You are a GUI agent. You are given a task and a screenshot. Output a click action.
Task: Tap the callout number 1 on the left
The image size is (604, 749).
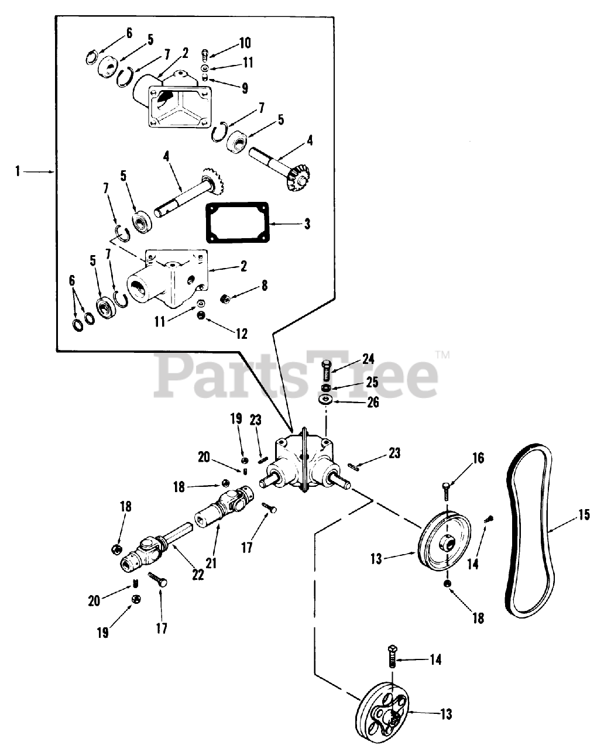pyautogui.click(x=18, y=171)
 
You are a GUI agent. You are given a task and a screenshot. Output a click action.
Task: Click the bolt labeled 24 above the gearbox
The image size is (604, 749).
pyautogui.click(x=327, y=373)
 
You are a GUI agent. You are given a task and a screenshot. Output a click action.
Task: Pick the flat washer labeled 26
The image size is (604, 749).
pyautogui.click(x=325, y=400)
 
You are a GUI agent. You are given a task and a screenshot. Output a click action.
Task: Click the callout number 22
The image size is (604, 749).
pyautogui.click(x=198, y=575)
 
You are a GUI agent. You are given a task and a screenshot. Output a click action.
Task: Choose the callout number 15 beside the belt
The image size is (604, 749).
pyautogui.click(x=584, y=515)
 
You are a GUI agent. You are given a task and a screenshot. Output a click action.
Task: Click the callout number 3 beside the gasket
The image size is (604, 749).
pyautogui.click(x=307, y=224)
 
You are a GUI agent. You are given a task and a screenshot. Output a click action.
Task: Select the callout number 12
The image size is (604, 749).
pyautogui.click(x=242, y=334)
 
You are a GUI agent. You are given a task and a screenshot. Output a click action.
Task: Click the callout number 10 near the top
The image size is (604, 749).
pyautogui.click(x=244, y=43)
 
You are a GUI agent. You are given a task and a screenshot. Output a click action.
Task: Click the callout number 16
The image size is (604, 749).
pyautogui.click(x=478, y=458)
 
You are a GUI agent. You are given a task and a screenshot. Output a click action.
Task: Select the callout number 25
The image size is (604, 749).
pyautogui.click(x=372, y=382)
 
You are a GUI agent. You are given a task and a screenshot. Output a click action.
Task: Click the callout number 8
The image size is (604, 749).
pyautogui.click(x=265, y=286)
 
